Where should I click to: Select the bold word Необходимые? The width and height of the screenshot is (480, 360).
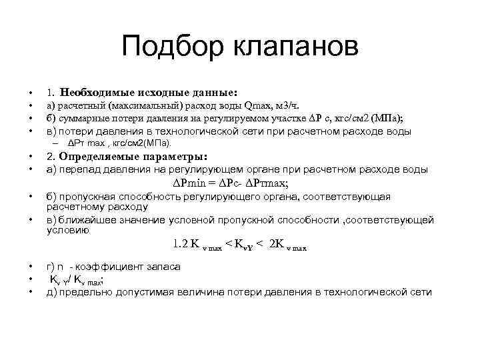click(x=97, y=92)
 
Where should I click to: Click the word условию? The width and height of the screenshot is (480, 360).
click(x=67, y=229)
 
